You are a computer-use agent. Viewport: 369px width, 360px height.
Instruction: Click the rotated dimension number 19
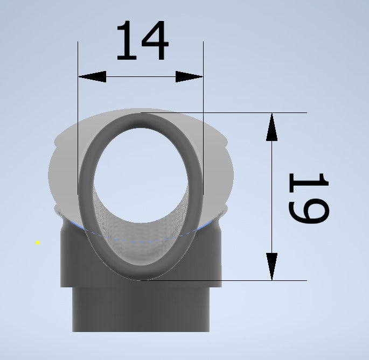point(309,197)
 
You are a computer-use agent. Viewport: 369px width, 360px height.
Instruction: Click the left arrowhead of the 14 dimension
point(92,77)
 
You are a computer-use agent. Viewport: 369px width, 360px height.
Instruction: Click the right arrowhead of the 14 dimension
point(190,77)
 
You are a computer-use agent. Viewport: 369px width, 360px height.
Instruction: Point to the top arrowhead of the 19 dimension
point(272,127)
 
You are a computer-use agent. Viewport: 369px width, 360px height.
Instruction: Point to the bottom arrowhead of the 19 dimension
point(272,266)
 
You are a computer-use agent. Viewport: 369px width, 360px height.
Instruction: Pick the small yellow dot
point(38,243)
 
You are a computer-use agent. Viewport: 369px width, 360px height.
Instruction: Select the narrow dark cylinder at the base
point(141,312)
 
